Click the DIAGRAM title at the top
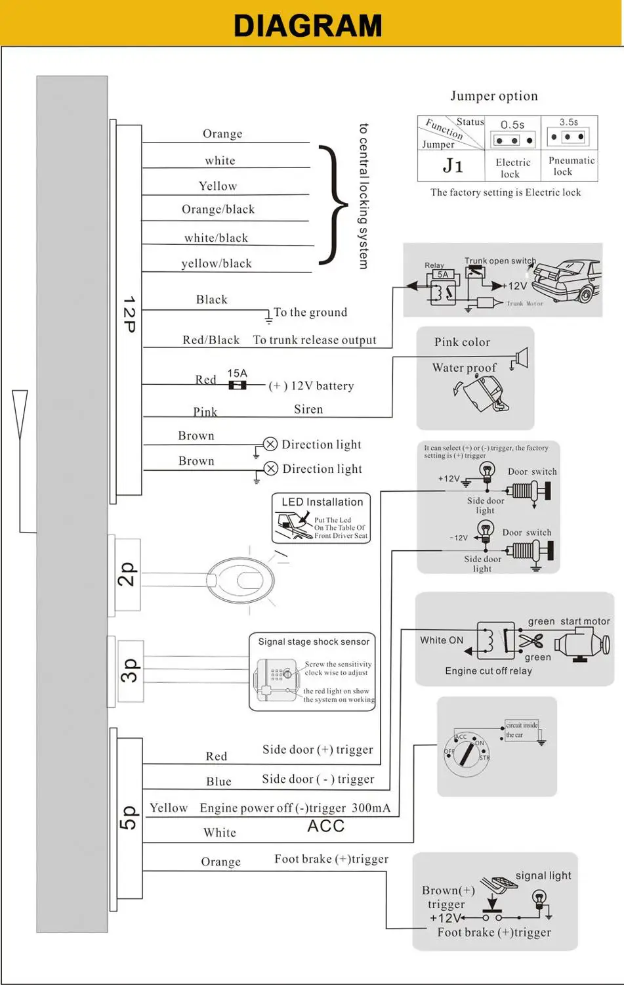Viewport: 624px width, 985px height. [308, 25]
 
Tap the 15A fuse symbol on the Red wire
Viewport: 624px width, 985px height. [238, 385]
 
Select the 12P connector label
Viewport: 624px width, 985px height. [129, 314]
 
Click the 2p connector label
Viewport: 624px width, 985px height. [127, 574]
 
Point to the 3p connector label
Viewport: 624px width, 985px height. [129, 670]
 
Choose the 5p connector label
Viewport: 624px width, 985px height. [129, 818]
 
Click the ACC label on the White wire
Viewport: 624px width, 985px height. [326, 826]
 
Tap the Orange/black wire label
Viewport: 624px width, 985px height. [218, 209]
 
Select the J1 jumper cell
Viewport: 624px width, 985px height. [453, 165]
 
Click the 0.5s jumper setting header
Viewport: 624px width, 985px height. [512, 125]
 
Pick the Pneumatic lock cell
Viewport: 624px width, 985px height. [571, 165]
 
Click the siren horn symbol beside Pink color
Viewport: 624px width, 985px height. [522, 358]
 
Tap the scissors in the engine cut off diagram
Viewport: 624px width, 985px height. [530, 642]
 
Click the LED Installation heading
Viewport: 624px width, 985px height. [322, 502]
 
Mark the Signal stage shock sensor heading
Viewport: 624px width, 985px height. [314, 642]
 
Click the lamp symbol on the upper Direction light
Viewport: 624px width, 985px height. [270, 444]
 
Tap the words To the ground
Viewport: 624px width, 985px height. [310, 313]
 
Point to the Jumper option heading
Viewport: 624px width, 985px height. [494, 96]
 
